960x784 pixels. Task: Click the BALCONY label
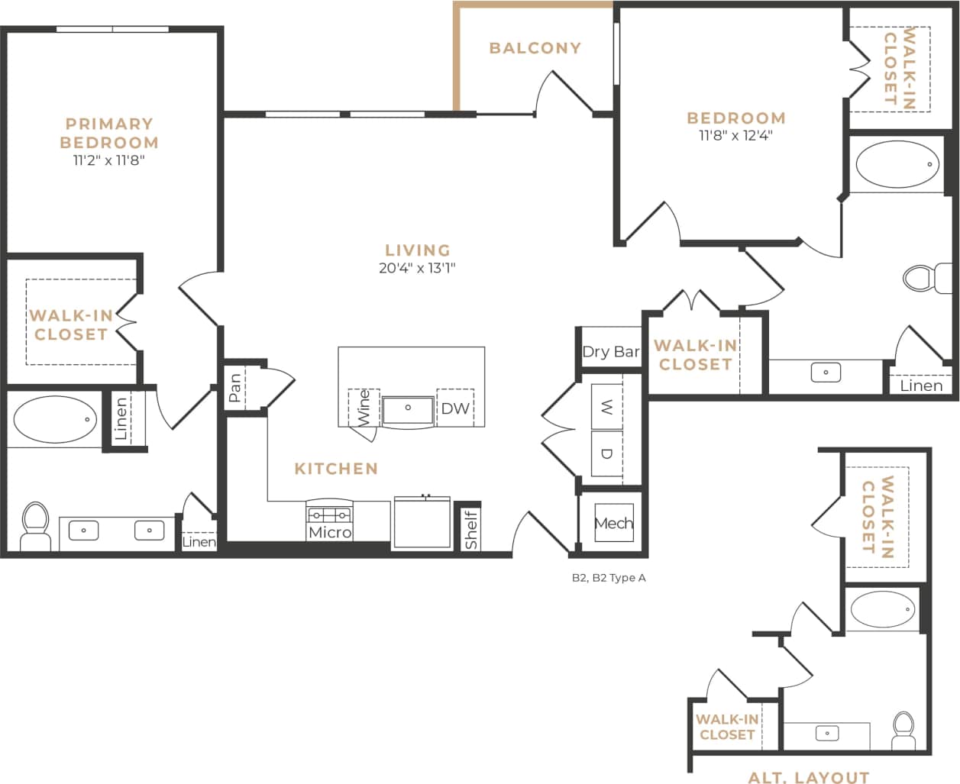point(535,48)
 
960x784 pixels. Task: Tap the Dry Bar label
point(611,352)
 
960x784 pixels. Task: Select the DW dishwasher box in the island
point(455,408)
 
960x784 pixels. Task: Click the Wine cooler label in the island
point(364,408)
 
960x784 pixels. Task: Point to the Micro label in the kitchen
point(330,532)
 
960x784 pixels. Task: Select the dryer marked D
point(607,453)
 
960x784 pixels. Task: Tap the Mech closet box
point(613,523)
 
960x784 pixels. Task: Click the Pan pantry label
point(235,388)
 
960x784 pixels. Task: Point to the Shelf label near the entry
point(471,530)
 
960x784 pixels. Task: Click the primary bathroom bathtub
point(55,419)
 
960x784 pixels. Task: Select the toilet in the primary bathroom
point(34,525)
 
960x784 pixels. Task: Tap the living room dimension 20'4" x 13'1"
point(417,268)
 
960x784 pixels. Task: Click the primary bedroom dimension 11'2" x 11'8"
point(109,160)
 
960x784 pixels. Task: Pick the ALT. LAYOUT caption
point(808,776)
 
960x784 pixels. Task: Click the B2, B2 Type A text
point(609,578)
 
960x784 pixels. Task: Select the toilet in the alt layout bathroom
point(903,731)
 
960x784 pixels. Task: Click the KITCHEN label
point(336,469)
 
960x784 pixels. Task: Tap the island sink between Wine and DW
point(408,409)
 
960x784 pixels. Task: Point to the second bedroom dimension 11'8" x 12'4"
point(735,136)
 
